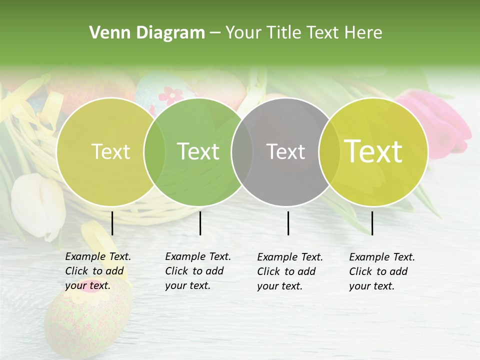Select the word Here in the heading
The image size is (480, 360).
pyautogui.click(x=364, y=32)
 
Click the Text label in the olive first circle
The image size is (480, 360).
pyautogui.click(x=110, y=151)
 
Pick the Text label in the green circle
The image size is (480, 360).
pyautogui.click(x=198, y=151)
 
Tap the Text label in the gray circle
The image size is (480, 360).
pyautogui.click(x=285, y=151)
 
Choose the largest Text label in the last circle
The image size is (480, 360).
pyautogui.click(x=373, y=151)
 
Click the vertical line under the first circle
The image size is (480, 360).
pyautogui.click(x=112, y=223)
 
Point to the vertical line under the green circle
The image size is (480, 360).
pyautogui.click(x=200, y=223)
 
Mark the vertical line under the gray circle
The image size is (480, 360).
pyautogui.click(x=288, y=223)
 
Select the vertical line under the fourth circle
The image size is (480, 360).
pyautogui.click(x=372, y=223)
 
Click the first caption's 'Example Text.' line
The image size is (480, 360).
pyautogui.click(x=98, y=256)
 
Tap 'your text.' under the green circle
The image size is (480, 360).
pyautogui.click(x=187, y=286)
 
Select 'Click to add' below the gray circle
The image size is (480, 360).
pyautogui.click(x=286, y=271)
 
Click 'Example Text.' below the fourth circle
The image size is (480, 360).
pyautogui.click(x=382, y=257)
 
